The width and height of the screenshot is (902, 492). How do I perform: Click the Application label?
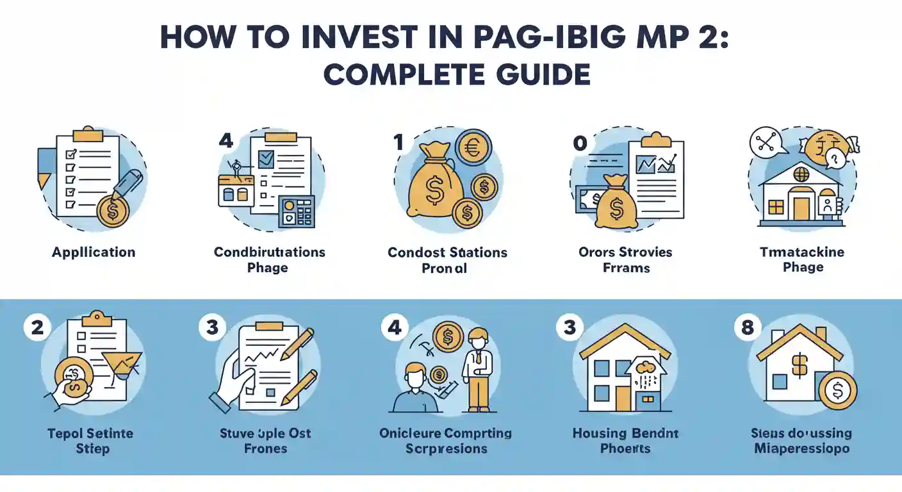(94, 252)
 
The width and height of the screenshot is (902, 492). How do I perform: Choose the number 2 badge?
(36, 327)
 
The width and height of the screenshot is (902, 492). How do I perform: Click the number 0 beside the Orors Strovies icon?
(579, 143)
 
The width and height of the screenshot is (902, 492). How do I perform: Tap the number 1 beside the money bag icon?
(398, 142)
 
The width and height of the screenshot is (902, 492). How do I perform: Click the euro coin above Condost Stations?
(473, 147)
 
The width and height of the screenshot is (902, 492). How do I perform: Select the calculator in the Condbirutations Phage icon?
(296, 211)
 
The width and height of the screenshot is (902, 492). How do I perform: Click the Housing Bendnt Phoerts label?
(625, 441)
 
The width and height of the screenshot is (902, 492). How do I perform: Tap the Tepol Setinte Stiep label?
(90, 441)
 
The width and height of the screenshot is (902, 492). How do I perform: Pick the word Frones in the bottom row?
(265, 448)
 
